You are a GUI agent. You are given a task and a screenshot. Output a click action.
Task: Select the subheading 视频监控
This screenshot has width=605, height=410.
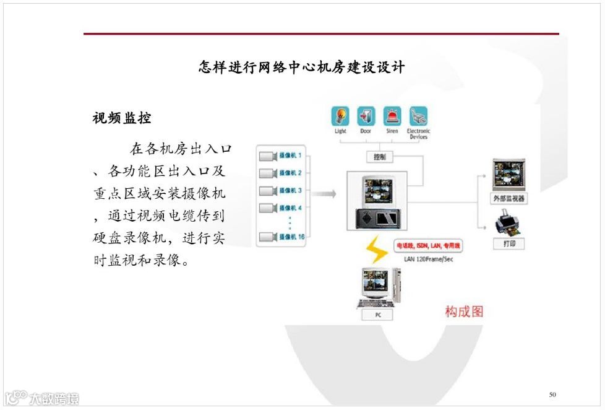coord(122,118)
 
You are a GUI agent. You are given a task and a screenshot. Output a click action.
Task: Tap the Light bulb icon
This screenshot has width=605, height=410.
coord(341,117)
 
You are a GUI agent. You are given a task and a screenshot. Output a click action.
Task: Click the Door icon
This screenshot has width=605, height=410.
coord(366,117)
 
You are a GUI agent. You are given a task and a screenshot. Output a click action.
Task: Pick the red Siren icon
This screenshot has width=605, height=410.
coord(392,117)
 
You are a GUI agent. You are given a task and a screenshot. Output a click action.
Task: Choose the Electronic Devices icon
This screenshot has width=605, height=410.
coord(419,117)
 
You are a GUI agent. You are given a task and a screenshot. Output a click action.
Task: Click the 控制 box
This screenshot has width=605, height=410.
coord(379,157)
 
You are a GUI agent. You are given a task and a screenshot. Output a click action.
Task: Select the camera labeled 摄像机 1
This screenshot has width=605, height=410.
coord(281,155)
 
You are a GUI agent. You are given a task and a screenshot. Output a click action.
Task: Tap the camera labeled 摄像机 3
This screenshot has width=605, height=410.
coord(281,190)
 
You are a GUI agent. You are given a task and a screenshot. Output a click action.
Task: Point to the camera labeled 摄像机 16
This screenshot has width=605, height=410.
coord(282,236)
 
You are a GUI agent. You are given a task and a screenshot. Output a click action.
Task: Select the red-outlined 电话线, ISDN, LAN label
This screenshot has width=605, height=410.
coord(428,246)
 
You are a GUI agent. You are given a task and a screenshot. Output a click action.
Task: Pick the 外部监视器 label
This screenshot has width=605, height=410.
coord(508,199)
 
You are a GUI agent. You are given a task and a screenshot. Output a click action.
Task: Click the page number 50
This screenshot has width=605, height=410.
coord(552,395)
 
